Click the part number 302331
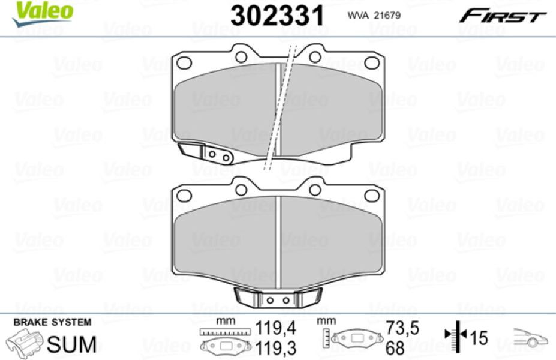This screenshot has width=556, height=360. [x=277, y=16]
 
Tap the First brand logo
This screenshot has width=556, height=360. [x=503, y=16]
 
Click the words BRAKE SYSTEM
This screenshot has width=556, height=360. [x=52, y=322]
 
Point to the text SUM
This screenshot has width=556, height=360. [x=72, y=344]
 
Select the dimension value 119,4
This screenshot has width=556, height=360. [x=275, y=328]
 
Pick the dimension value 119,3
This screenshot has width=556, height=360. [x=275, y=348]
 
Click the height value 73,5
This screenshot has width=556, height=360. [x=402, y=328]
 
